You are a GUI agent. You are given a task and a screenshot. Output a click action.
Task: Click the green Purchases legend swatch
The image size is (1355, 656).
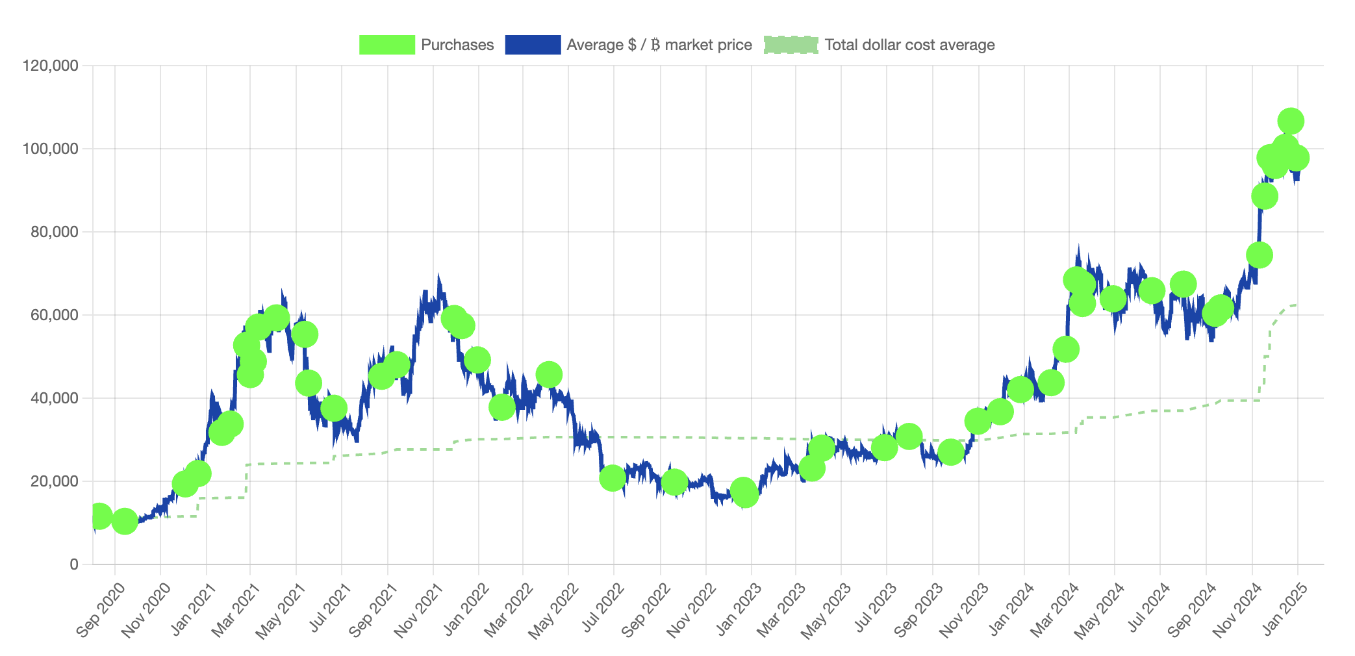386,45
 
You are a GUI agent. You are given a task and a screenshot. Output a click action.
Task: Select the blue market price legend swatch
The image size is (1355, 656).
533,45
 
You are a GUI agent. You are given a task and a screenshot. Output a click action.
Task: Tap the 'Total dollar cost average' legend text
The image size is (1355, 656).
909,45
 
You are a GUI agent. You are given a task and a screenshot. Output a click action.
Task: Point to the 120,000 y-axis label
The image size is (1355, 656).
50,66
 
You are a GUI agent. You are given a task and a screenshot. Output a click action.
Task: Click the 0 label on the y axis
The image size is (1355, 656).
73,564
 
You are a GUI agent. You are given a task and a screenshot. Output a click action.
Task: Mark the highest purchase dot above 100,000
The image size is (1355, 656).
1290,121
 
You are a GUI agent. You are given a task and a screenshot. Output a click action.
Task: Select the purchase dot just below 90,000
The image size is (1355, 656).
1264,196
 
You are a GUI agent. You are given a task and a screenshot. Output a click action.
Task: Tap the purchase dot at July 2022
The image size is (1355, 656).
613,478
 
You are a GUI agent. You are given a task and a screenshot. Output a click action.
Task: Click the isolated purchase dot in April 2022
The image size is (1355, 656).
549,375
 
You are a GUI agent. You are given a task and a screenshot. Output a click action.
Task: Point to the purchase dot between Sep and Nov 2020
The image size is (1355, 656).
124,521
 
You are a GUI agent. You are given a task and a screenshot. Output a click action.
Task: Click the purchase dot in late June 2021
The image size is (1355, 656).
333,409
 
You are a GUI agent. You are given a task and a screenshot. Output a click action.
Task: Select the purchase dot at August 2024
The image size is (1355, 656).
1183,284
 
